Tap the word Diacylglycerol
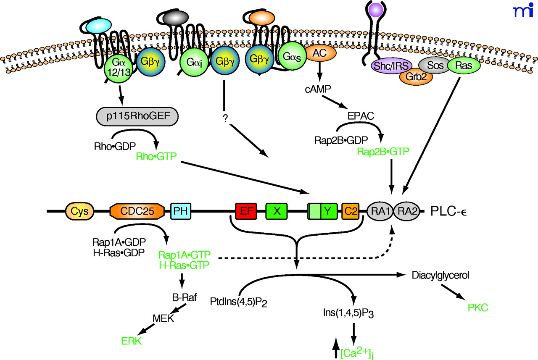440,275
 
